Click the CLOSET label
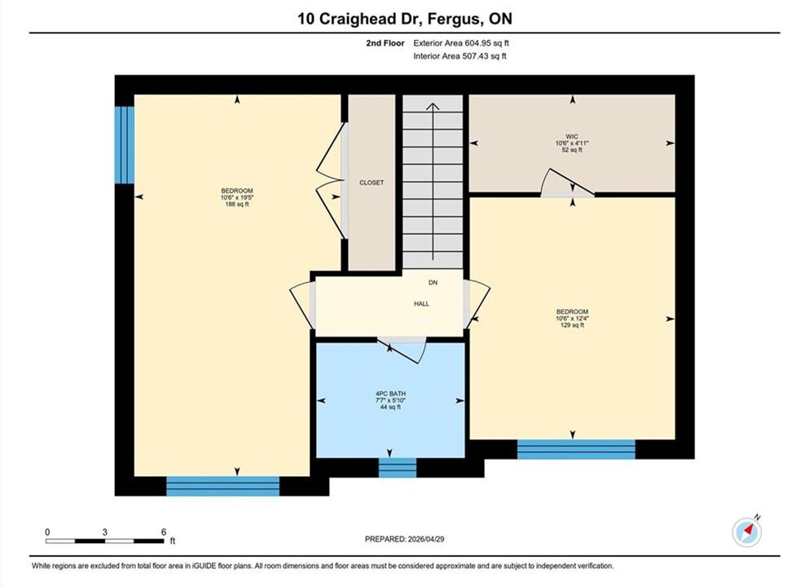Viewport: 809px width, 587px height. pos(372,183)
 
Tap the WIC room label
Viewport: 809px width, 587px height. pos(572,137)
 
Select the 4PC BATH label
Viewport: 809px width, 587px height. pos(390,394)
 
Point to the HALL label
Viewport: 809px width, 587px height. pos(421,304)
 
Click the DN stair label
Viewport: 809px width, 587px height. pos(433,282)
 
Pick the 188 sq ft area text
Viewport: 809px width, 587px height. pos(237,205)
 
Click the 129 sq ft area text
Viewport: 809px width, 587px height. pos(572,325)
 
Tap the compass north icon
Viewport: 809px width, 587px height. pos(747,532)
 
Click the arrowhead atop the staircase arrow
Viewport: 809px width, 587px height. pos(433,106)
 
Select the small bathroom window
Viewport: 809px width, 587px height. pos(398,467)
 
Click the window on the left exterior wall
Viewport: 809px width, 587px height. pos(125,145)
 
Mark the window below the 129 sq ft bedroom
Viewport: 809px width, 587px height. pos(576,449)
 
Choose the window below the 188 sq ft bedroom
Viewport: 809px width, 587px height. pos(223,487)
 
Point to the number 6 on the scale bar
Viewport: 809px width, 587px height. pos(164,532)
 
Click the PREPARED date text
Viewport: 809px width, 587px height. pos(404,539)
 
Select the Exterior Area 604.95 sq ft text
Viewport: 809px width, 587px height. pos(461,43)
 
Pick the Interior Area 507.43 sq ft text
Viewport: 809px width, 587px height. pos(459,56)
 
